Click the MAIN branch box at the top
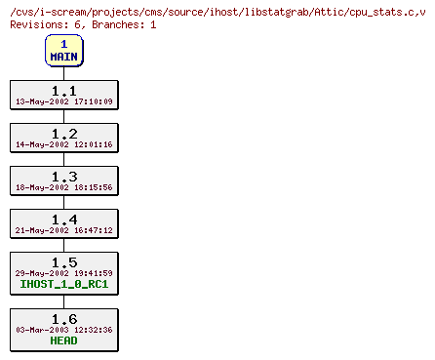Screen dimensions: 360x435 (63, 50)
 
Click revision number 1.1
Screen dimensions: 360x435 (63, 90)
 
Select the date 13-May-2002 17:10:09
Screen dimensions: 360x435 (63, 101)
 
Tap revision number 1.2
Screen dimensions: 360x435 (63, 133)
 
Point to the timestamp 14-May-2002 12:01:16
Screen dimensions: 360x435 (63, 144)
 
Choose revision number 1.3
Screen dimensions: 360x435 (63, 176)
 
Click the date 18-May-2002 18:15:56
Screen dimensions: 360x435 (63, 187)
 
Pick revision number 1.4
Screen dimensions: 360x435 (63, 219)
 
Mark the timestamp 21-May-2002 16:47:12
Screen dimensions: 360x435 (63, 230)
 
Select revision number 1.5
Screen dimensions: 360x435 (63, 261)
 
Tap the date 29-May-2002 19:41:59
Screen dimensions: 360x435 (63, 273)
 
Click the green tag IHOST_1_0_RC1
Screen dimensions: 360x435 (63, 285)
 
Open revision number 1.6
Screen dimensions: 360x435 (63, 318)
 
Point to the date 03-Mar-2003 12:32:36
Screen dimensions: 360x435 (63, 330)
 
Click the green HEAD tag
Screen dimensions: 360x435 (63, 341)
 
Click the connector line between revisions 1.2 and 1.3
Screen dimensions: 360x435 (63, 159)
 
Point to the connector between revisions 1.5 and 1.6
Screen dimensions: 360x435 (63, 301)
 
